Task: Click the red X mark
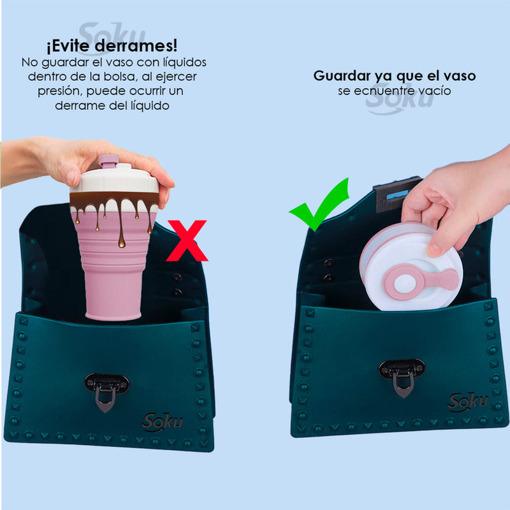tap(187, 240)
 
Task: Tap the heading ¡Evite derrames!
tap(111, 47)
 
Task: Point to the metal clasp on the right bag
tap(401, 374)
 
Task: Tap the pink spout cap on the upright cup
tap(108, 161)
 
